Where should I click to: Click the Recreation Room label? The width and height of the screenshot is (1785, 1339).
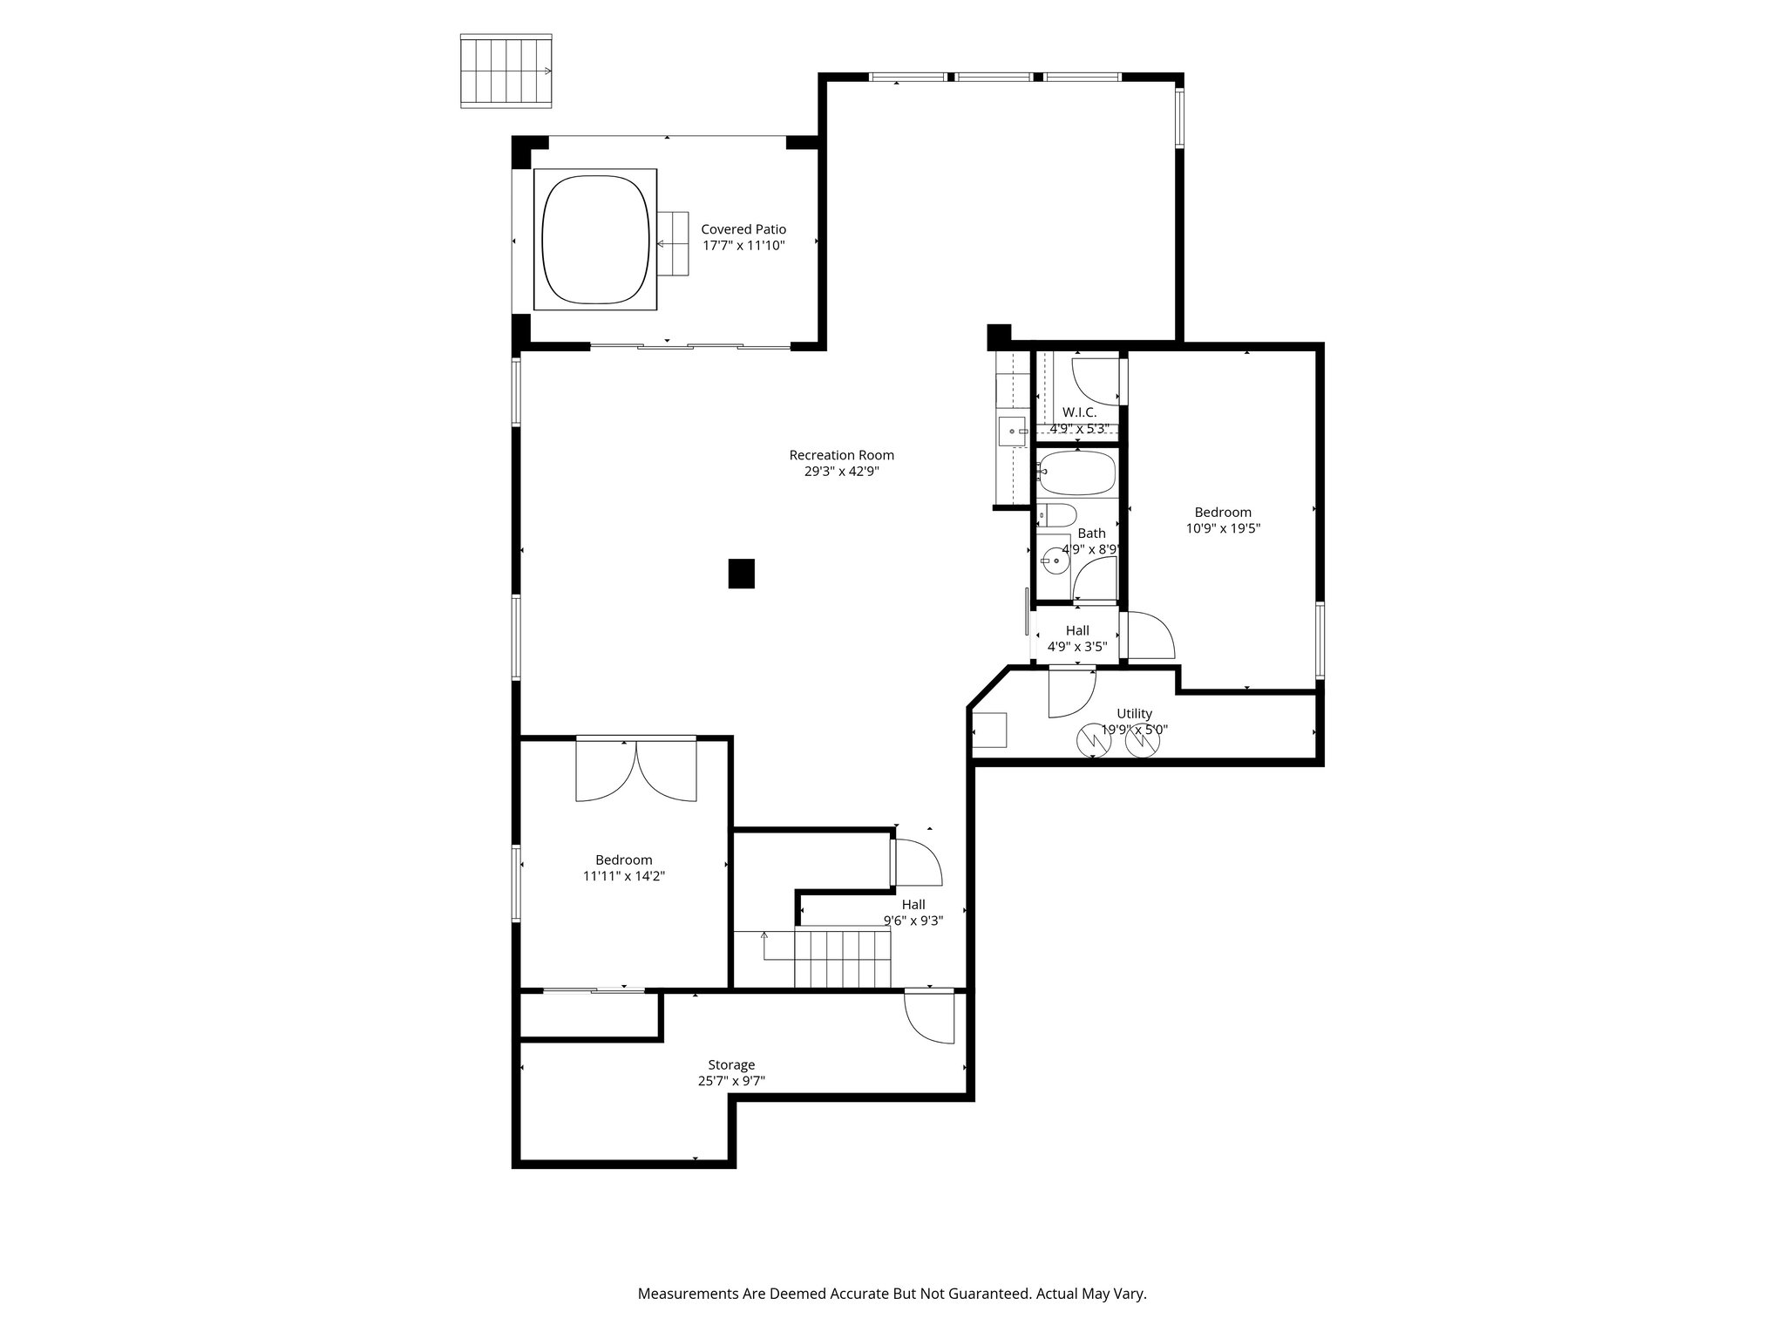[x=841, y=455]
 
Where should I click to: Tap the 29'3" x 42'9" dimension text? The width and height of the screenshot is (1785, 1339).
[x=841, y=472]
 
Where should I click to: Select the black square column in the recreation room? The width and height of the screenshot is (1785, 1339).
[x=741, y=574]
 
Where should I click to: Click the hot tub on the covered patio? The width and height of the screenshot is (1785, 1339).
[x=596, y=239]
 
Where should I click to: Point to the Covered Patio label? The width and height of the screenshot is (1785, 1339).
[x=743, y=229]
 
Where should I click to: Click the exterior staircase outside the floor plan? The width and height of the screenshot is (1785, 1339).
[x=506, y=71]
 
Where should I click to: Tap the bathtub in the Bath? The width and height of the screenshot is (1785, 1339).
[x=1077, y=472]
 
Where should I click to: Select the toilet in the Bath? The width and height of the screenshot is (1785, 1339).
[x=1057, y=515]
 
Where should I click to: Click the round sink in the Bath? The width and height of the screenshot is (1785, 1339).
[x=1055, y=560]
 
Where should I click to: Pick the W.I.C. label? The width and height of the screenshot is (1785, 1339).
[x=1079, y=412]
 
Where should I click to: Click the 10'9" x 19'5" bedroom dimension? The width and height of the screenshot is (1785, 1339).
[x=1223, y=528]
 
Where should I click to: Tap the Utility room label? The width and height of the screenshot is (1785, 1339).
[x=1134, y=714]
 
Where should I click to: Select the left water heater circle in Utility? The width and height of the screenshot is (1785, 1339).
[x=1094, y=741]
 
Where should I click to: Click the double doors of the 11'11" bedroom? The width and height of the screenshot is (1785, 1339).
[x=636, y=770]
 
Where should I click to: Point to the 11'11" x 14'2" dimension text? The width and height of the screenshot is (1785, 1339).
[x=624, y=876]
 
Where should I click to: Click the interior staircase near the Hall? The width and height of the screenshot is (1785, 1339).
[x=841, y=958]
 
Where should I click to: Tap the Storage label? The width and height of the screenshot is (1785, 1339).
[x=731, y=1065]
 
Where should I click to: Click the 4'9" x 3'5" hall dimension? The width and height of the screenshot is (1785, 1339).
[x=1077, y=647]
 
